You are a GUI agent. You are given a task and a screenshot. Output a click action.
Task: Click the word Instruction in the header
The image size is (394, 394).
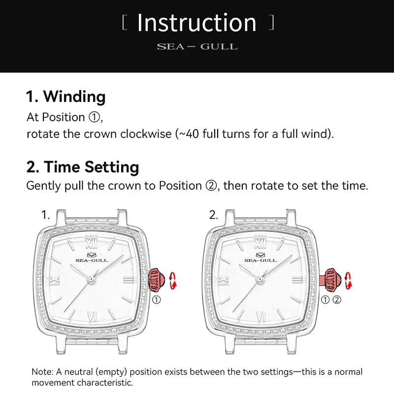coord(197,23)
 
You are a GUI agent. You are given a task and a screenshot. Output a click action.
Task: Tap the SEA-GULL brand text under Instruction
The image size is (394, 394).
coord(197,47)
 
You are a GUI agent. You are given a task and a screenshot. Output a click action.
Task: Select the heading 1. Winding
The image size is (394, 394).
coord(66,97)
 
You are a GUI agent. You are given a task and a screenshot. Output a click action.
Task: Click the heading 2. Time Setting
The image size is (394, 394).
coord(83,167)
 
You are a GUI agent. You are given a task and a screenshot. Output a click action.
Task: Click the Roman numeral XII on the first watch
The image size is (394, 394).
coord(91,242)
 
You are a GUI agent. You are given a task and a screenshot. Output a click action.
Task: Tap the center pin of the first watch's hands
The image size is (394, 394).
coord(91,279)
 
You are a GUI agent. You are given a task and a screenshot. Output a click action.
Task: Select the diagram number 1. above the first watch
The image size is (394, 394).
coord(46,215)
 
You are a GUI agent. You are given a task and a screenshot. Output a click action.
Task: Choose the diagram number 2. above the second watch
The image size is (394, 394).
coord(214,215)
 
